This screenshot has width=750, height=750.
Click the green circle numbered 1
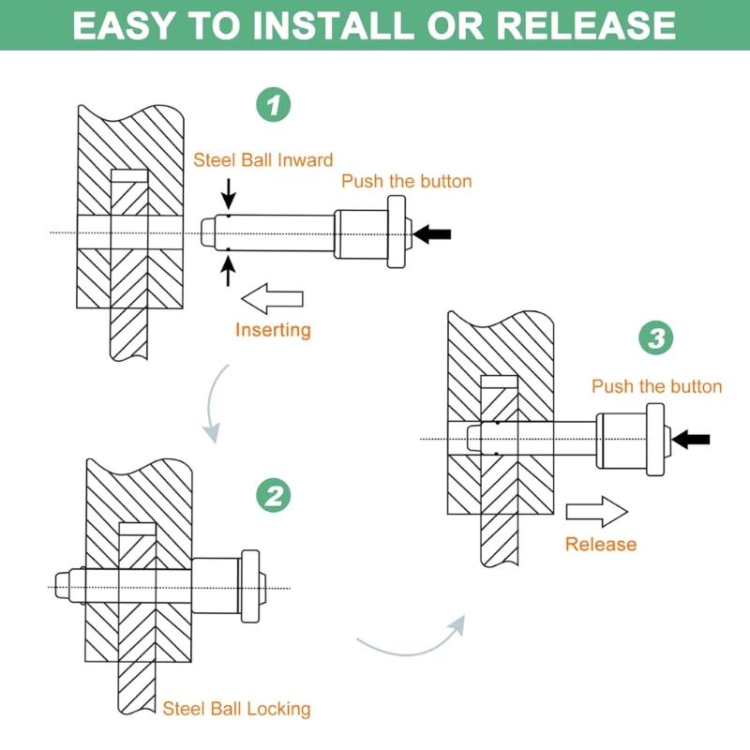(274, 105)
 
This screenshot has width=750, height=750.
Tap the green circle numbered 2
(274, 495)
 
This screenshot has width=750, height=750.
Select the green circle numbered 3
(657, 338)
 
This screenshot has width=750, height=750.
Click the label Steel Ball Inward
(262, 159)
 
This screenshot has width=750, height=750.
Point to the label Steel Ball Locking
(236, 709)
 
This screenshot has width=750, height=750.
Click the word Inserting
(273, 330)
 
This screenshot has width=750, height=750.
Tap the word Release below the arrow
(601, 544)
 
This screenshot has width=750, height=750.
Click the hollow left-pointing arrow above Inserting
(271, 299)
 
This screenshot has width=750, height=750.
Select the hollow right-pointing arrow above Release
(596, 513)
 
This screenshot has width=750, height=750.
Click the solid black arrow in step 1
(432, 233)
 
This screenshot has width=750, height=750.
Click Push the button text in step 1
(406, 181)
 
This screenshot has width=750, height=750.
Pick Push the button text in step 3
(656, 386)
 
